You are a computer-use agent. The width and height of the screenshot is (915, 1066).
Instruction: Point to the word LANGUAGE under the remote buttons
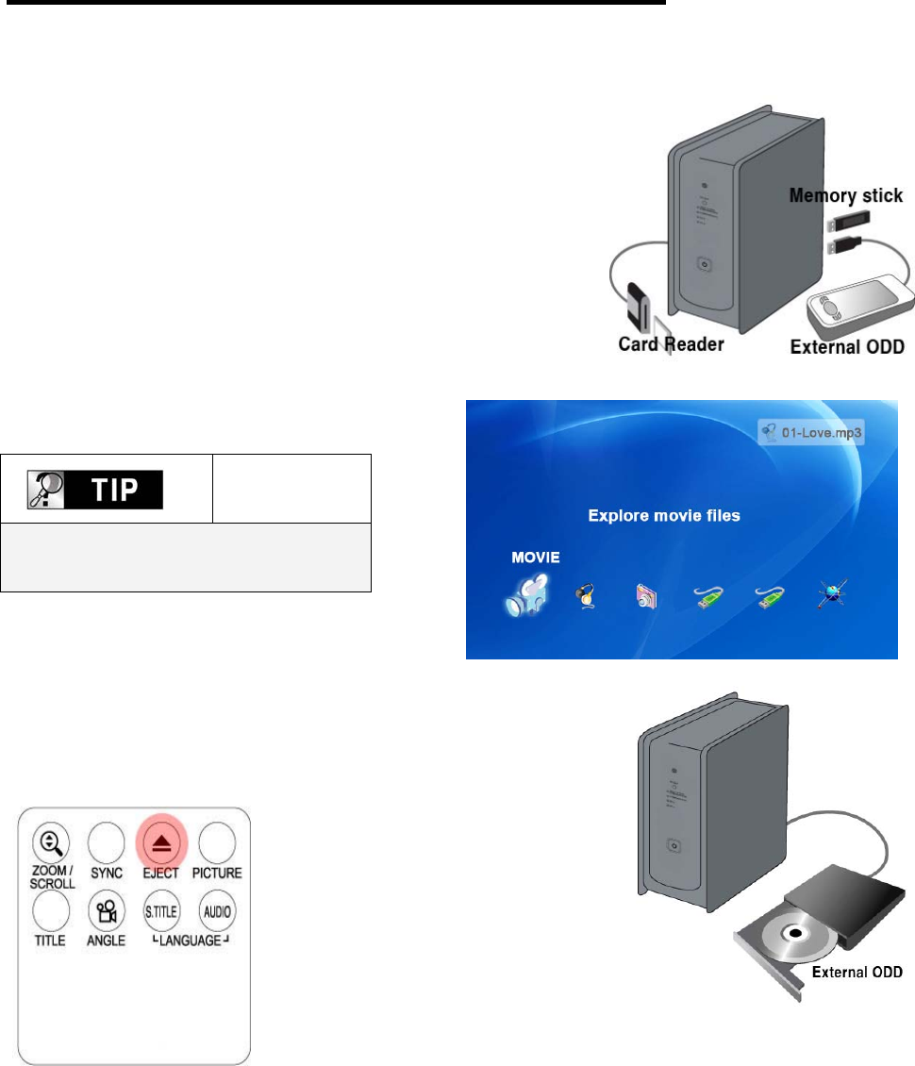pos(189,941)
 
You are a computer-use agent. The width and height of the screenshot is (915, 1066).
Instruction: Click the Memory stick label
pos(846,196)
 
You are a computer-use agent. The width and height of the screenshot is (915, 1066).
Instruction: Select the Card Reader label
pos(671,344)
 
